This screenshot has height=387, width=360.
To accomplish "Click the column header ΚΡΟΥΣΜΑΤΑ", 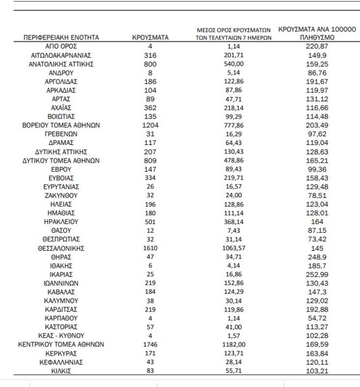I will coord(151,37).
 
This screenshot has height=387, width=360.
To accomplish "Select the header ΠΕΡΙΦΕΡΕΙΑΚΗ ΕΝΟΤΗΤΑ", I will coord(61,37).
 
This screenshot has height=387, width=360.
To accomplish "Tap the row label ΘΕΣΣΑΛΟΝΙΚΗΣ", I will coord(61,248).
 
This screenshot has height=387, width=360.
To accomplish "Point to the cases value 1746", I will coord(151,344).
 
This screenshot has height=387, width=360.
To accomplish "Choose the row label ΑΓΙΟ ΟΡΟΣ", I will coord(61,46).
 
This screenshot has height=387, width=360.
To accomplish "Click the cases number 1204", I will coord(151,125).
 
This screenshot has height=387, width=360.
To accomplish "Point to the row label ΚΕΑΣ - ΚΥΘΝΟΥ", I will coord(61,336).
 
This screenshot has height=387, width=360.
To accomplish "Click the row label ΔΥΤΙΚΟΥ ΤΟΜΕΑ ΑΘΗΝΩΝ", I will coord(61,161).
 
